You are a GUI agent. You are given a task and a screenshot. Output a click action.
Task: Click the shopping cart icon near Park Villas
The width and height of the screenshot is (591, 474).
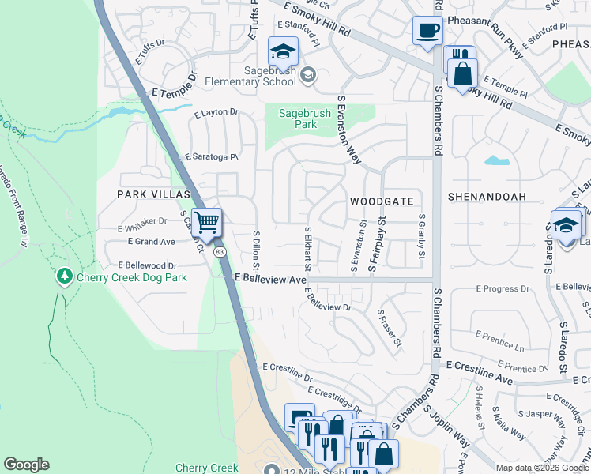[x=207, y=223]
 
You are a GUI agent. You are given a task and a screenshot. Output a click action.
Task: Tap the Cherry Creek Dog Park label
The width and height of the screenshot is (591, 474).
[x=132, y=277]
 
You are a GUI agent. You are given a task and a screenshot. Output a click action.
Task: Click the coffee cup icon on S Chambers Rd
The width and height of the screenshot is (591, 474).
[x=427, y=32]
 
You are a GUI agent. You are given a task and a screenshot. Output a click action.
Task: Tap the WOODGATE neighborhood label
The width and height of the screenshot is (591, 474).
[x=382, y=201]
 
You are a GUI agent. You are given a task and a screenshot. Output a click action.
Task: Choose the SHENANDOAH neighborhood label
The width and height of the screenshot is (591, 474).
[x=487, y=195]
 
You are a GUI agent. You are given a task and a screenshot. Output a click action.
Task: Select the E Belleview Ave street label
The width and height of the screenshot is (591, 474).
[x=271, y=280]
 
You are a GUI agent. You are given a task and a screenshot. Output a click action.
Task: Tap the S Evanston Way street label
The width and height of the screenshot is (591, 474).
[x=348, y=130]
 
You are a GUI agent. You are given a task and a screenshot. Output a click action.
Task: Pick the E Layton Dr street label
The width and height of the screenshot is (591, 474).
[x=215, y=112]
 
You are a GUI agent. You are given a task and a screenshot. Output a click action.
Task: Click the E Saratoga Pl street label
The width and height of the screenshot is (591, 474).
[x=211, y=157]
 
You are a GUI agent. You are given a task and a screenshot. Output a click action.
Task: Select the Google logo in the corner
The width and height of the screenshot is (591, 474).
[x=26, y=465]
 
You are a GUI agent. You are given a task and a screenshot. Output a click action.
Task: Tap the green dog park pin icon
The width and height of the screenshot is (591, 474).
[x=64, y=277]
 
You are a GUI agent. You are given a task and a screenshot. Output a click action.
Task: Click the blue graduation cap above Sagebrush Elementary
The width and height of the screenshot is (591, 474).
[x=282, y=52]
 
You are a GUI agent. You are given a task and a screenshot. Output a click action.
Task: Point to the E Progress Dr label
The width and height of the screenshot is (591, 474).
[x=510, y=288]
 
